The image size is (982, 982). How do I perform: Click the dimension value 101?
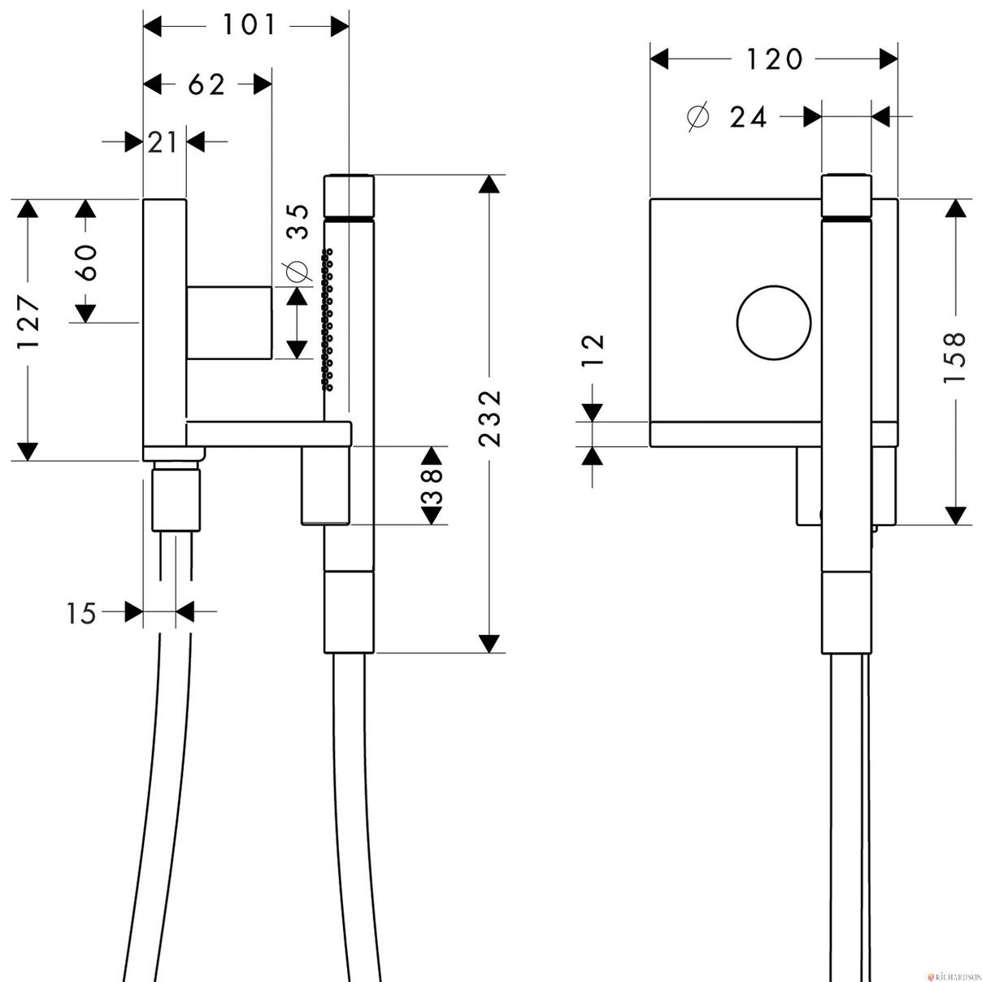250,25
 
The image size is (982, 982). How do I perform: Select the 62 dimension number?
206,85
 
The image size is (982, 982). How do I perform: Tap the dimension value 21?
163,142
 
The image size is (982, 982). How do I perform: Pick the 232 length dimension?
491,419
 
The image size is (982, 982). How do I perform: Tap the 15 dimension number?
81,613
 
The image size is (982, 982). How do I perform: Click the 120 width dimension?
774,59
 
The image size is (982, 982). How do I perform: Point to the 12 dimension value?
593,350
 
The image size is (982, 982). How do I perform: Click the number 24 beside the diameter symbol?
748,118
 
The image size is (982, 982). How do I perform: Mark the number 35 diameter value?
298,222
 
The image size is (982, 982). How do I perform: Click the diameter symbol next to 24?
698,117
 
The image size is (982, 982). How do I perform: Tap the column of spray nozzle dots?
327,319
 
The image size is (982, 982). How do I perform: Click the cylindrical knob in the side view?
228,323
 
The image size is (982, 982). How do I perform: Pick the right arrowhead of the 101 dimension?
340,26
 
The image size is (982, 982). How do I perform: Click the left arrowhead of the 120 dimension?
659,59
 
